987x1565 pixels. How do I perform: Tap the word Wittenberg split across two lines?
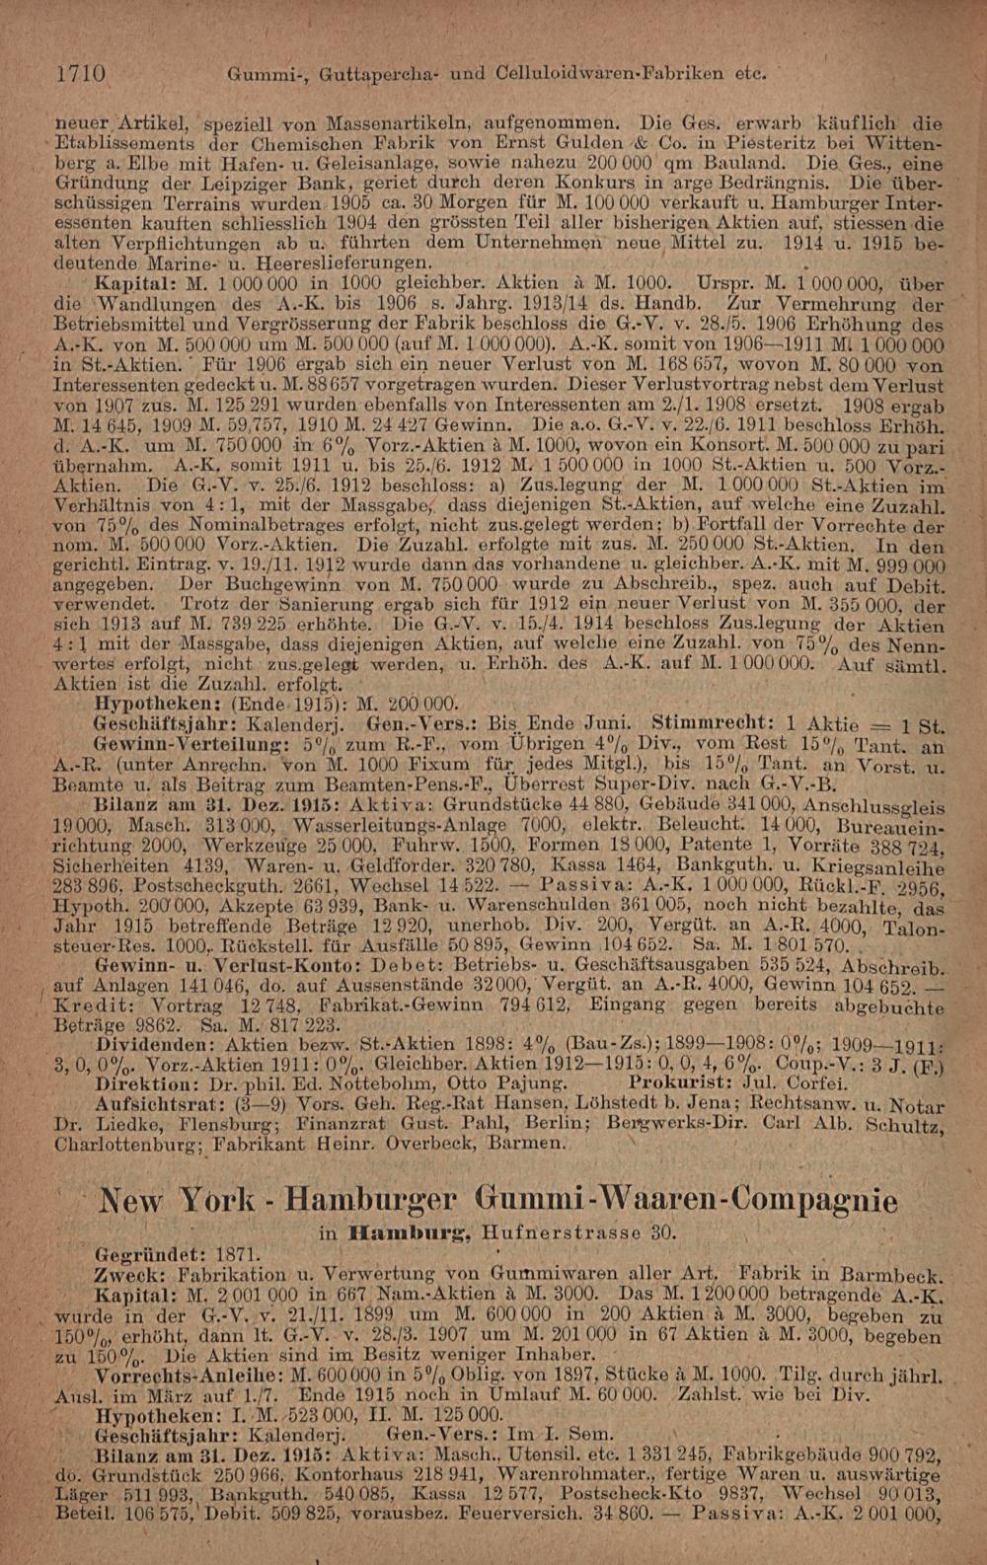pyautogui.click(x=913, y=142)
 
